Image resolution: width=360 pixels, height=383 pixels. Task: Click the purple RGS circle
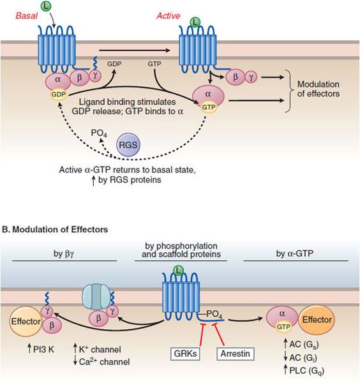128,145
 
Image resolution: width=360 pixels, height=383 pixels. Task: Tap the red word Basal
26,15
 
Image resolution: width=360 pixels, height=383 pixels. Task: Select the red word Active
169,15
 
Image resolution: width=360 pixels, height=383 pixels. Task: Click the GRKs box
185,354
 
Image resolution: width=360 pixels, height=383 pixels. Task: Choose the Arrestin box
236,354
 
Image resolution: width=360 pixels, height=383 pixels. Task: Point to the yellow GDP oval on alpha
59,94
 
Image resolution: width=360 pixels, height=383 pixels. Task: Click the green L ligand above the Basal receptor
46,6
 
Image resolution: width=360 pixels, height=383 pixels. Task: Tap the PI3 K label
41,349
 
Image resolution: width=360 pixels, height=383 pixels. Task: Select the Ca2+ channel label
101,362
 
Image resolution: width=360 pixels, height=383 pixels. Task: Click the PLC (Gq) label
304,371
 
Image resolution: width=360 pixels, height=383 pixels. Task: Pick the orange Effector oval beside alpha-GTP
317,320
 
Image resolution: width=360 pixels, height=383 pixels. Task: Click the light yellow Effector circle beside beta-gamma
26,322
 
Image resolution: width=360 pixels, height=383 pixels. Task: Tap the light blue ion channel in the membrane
97,297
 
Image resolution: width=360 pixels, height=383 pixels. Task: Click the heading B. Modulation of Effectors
55,230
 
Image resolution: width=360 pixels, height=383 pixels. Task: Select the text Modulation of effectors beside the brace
319,89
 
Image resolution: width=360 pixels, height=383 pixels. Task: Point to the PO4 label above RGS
99,133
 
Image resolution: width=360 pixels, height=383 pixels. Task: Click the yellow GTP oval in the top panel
209,107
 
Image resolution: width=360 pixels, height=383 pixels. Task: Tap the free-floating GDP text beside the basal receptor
114,64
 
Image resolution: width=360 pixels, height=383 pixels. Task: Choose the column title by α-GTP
294,253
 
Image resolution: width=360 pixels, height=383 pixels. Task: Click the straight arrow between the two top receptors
135,50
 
